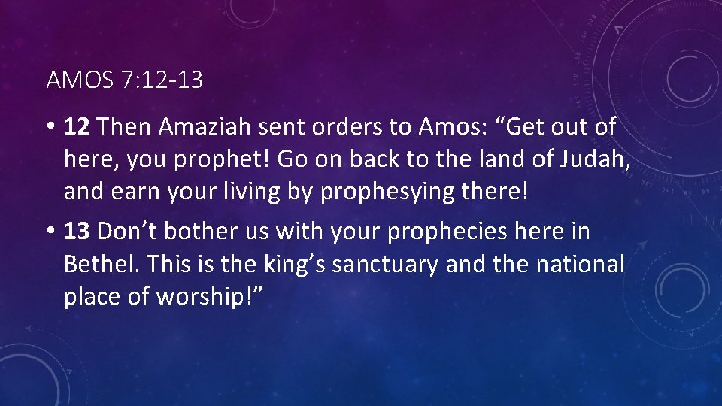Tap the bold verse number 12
(77, 127)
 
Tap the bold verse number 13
(77, 232)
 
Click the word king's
(290, 265)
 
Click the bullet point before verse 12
(51, 127)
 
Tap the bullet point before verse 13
(51, 232)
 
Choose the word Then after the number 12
(125, 127)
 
